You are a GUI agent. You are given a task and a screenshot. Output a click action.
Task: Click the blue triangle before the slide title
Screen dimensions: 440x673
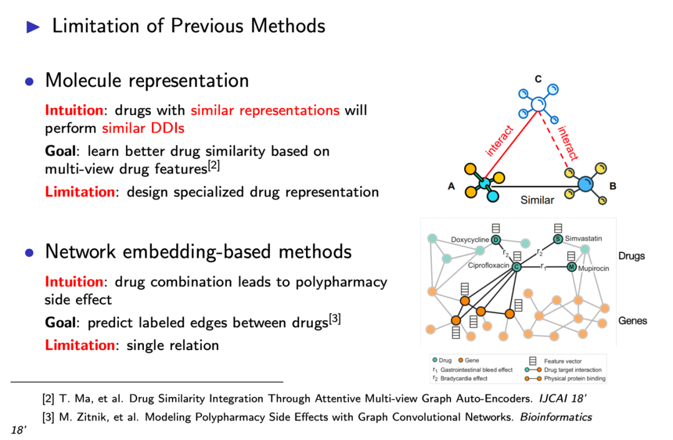pos(33,26)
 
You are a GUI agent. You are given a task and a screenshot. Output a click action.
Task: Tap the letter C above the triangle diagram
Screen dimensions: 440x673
pos(538,79)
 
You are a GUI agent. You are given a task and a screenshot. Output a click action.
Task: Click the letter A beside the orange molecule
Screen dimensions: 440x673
pos(451,186)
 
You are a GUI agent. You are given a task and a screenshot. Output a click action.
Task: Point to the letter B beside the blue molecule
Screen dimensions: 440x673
pos(613,185)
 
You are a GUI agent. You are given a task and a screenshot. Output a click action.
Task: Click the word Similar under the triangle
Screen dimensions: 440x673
pos(537,200)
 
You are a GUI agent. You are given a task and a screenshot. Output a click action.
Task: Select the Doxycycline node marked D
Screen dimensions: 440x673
pos(496,240)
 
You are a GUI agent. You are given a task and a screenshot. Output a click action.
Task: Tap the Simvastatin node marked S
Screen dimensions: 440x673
pos(558,238)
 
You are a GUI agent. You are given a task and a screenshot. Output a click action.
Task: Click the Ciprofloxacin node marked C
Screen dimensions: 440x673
pos(517,266)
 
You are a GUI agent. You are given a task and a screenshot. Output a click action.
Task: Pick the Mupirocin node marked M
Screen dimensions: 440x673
pos(571,267)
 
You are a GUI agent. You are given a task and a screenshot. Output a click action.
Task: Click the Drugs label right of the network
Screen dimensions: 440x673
pos(631,257)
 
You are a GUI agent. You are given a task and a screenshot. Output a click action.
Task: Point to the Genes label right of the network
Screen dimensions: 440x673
pos(632,321)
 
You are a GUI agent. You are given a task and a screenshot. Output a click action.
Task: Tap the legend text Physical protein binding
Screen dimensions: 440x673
pos(574,378)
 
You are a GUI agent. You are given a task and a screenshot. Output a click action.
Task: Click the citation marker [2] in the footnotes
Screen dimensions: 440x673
pos(48,398)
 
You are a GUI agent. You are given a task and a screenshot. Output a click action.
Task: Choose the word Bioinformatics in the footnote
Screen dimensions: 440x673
pos(557,417)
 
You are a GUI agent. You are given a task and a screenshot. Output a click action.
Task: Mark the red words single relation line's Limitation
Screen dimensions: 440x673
pos(79,345)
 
